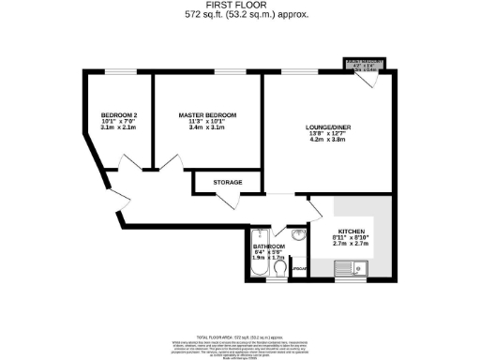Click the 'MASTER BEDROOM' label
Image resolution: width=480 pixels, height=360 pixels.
click(x=207, y=115)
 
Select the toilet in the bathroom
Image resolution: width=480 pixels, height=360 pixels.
click(x=283, y=271)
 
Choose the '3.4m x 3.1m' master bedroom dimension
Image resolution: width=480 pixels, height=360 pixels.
click(x=207, y=128)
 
